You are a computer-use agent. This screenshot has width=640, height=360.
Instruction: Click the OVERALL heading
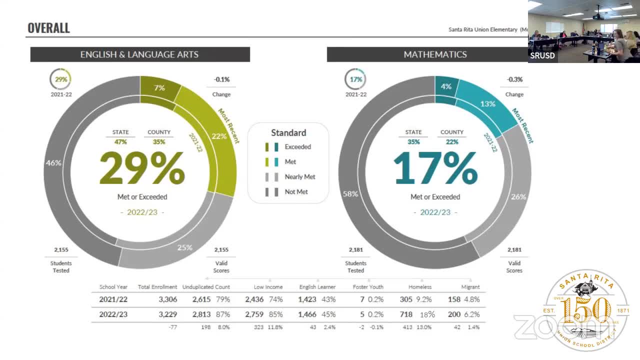pos(48,28)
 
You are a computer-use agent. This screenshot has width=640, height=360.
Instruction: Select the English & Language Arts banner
pos(139,54)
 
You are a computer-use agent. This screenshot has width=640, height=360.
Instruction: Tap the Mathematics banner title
pos(435,54)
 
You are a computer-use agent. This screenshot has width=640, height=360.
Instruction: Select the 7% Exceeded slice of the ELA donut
pos(159,88)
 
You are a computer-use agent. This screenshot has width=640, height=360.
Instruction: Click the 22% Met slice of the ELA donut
pos(219,136)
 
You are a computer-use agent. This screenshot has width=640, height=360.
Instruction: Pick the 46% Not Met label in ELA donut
pos(53,163)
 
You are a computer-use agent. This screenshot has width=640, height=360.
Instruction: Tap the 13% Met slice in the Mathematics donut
pos(487,104)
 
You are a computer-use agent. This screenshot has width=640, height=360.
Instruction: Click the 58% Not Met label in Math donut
pos(350,193)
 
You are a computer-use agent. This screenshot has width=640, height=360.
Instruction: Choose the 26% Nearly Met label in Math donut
pos(518,197)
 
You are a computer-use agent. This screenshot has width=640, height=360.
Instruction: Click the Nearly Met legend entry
pos(299,177)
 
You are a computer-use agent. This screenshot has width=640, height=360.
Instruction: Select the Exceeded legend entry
pos(297,147)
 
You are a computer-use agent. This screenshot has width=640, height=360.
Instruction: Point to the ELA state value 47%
pos(120,142)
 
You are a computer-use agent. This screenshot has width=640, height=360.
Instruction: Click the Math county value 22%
pos(452,142)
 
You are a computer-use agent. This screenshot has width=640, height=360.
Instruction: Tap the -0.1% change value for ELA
pos(221,79)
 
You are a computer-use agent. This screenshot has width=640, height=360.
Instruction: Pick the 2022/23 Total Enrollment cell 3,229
pos(167,314)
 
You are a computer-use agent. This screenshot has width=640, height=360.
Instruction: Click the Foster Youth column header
pos(368,287)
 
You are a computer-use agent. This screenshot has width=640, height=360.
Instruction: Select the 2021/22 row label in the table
pos(113,299)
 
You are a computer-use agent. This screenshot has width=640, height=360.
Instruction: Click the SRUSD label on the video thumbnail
pos(542,55)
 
